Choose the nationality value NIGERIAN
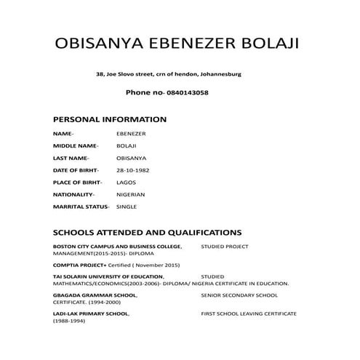tap(131, 195)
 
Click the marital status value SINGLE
tap(127, 207)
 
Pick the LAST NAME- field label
tap(71, 158)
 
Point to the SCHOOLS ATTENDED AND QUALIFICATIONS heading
tap(147, 233)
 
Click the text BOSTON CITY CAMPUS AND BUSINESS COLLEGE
tap(117, 247)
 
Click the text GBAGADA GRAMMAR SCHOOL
tap(91, 295)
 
